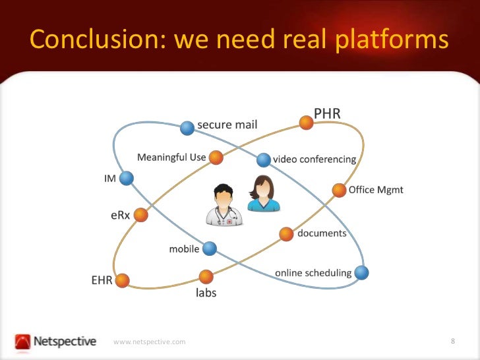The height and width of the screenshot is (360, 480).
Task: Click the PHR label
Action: pos(327,113)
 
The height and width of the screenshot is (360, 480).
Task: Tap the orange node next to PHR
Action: pos(306,122)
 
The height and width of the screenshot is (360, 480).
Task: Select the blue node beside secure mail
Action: pos(187,128)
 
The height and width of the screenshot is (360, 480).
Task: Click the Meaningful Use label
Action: pos(171,157)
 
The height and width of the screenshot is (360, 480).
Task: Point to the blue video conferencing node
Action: pos(264,160)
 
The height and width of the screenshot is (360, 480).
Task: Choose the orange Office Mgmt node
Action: pos(339,191)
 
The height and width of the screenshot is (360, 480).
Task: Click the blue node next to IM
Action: pos(127,178)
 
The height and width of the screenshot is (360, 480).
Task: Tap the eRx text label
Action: pos(120,216)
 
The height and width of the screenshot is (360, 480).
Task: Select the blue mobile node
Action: pos(210,249)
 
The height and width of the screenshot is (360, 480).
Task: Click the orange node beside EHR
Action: pos(122,280)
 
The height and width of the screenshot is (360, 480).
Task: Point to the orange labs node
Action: pos(206,277)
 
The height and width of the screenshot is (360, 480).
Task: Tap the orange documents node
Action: pos(286,233)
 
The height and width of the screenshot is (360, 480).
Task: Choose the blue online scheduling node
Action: pos(361,272)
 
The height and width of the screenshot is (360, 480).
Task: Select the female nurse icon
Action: pos(263,194)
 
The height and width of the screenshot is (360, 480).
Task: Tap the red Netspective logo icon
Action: pos(23,342)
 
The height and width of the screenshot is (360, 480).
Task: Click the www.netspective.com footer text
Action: pos(150,342)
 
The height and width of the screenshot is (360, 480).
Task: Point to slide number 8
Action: pos(454,341)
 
